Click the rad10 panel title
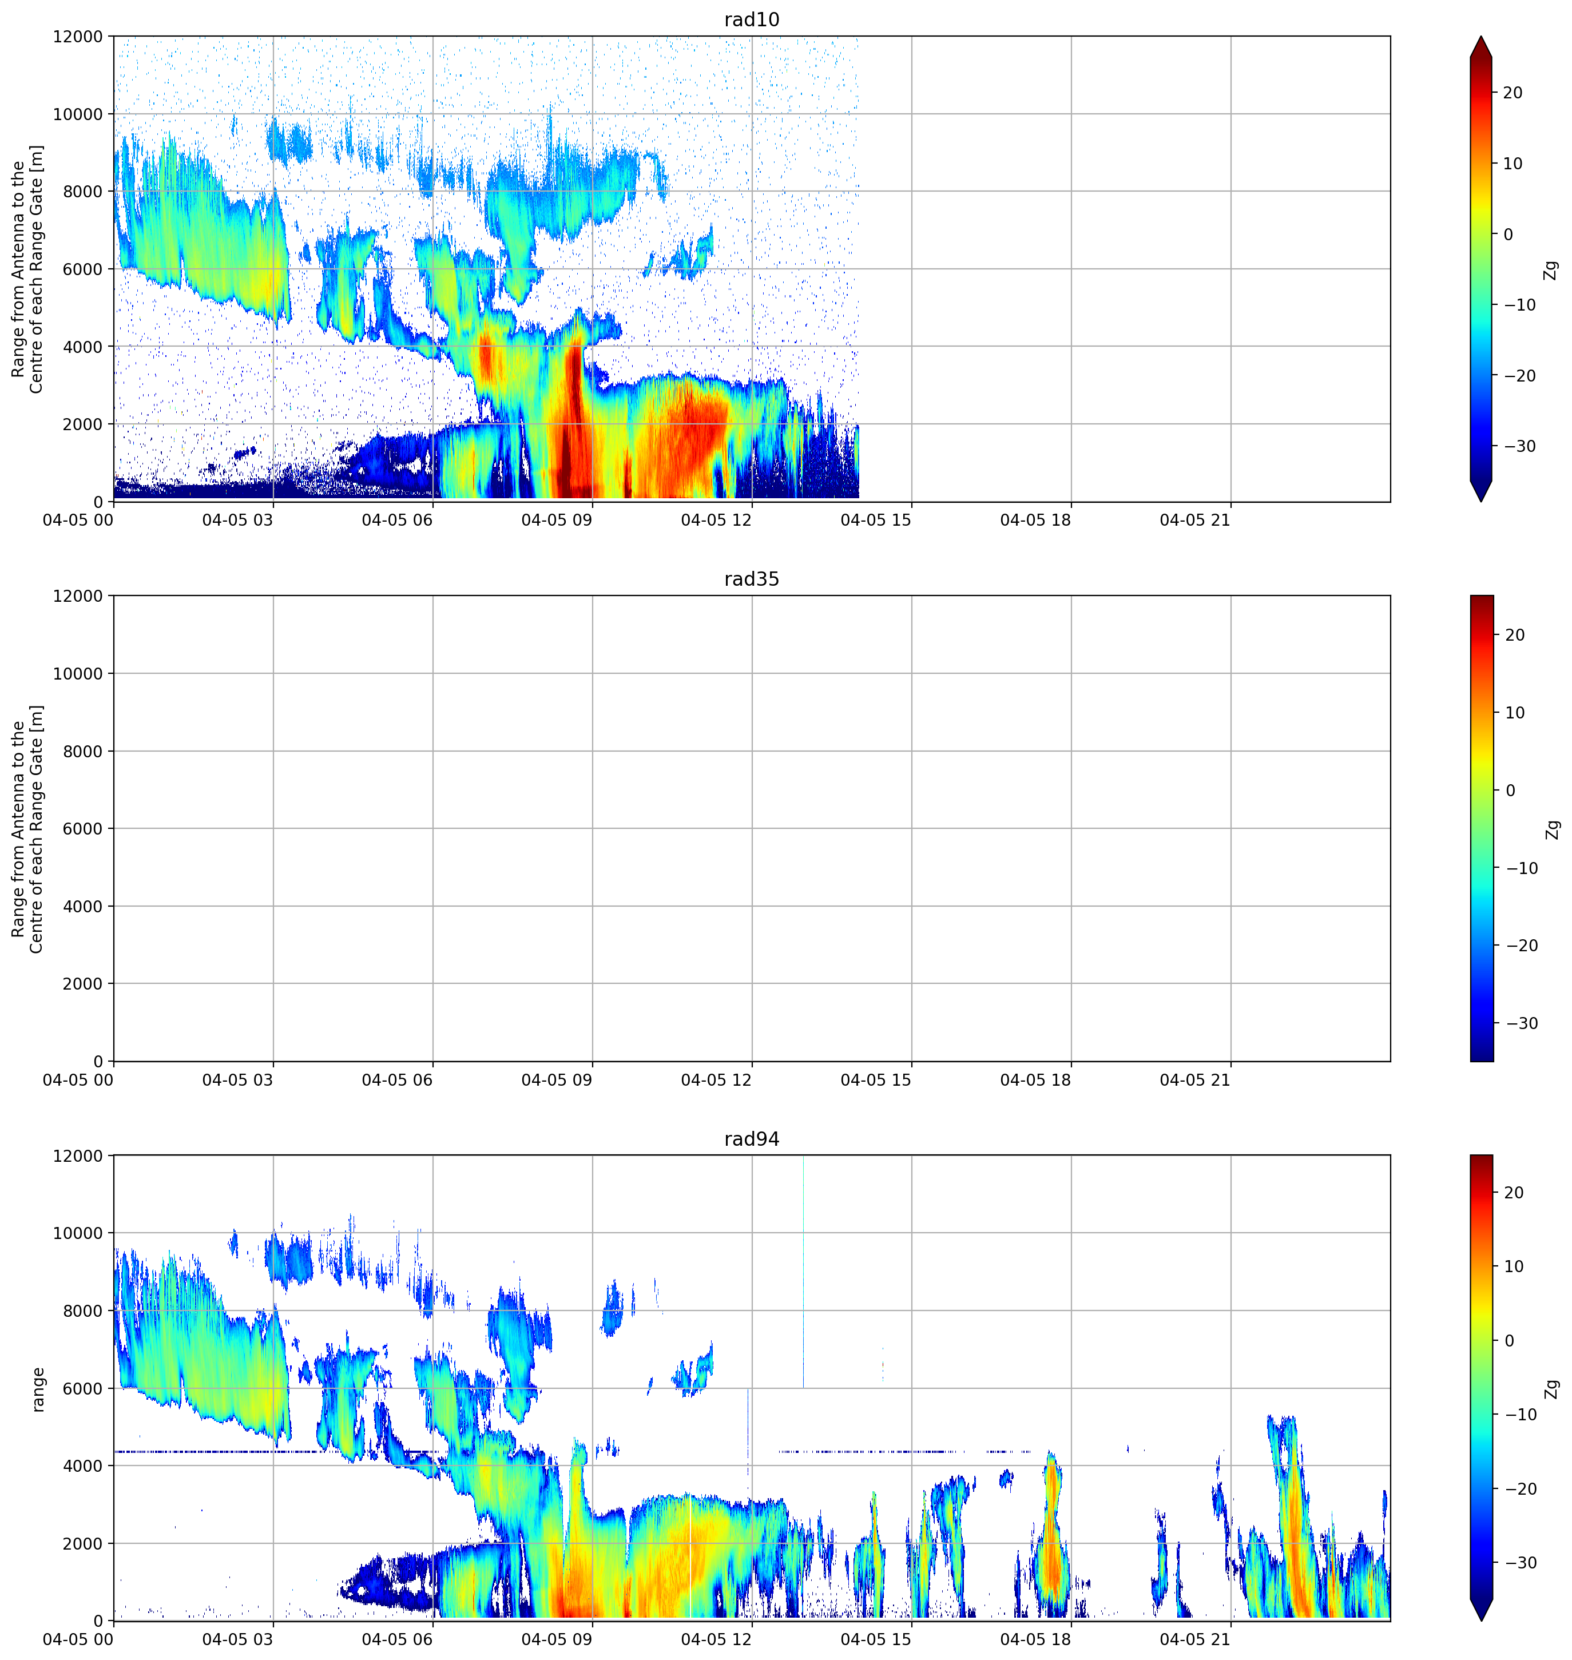coord(752,19)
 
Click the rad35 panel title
coord(752,579)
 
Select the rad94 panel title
coord(752,1139)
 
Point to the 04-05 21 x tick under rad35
coord(1195,1080)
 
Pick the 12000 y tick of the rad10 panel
coord(78,37)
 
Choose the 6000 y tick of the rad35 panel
coord(83,829)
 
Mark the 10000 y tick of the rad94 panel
coord(78,1233)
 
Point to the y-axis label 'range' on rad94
coord(38,1389)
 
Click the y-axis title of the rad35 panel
coord(27,829)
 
